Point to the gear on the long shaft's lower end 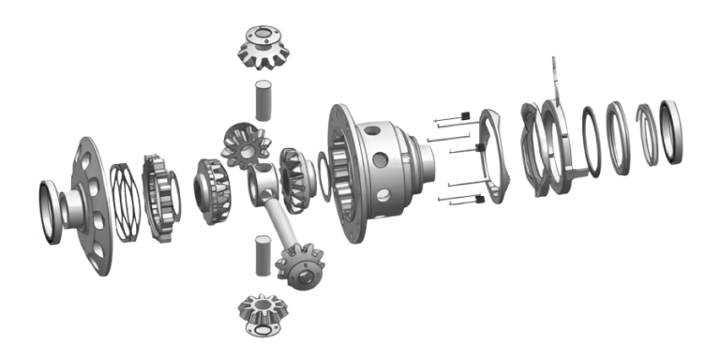pyautogui.click(x=301, y=263)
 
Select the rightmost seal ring pyautogui.click(x=670, y=127)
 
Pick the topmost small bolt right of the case pyautogui.click(x=449, y=118)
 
